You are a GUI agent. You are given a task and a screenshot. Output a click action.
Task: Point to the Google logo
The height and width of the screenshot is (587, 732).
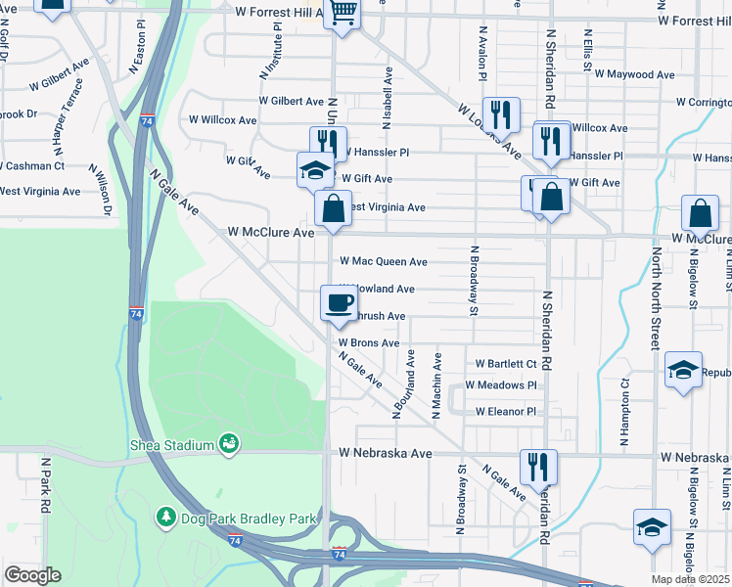click(32, 575)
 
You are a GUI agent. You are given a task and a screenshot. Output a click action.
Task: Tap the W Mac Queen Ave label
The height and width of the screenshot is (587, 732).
click(383, 262)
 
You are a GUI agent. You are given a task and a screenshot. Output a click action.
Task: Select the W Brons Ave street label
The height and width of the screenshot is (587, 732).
click(369, 343)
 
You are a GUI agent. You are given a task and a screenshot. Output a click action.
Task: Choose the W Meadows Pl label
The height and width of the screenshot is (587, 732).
click(501, 385)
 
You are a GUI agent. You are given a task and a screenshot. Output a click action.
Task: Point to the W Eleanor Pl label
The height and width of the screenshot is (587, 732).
click(506, 412)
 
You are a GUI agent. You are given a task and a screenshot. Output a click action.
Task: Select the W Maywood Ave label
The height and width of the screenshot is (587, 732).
click(634, 74)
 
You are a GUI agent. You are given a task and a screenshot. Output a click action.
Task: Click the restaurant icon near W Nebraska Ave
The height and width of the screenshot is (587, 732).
click(537, 466)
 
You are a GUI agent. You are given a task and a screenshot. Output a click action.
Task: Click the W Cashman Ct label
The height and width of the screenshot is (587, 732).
click(32, 166)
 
